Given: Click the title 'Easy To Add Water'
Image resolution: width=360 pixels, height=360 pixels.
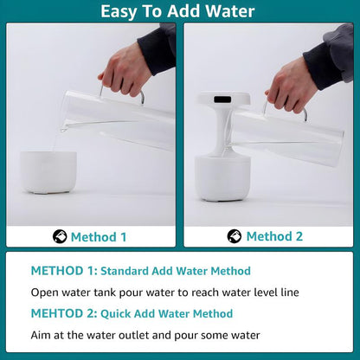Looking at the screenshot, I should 178,11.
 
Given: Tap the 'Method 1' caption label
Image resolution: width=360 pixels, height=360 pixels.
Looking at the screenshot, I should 98,236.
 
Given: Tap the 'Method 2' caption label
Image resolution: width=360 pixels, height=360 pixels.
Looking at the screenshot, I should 274,236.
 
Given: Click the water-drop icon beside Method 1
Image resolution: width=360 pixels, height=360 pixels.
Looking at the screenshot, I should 60,236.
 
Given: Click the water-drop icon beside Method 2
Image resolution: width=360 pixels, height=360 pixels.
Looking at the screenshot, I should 235,236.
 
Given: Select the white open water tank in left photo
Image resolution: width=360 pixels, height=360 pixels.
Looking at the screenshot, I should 48,170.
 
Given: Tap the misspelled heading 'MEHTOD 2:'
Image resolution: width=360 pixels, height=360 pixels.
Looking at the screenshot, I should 64,313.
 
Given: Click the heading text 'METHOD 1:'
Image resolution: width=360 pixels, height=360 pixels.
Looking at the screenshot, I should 64,271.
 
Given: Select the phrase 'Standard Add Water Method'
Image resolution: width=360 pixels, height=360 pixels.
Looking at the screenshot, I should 177,271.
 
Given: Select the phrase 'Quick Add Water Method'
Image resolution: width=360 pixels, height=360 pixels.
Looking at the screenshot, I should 166,313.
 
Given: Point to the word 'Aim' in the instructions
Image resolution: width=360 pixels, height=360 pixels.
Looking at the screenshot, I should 42,334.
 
